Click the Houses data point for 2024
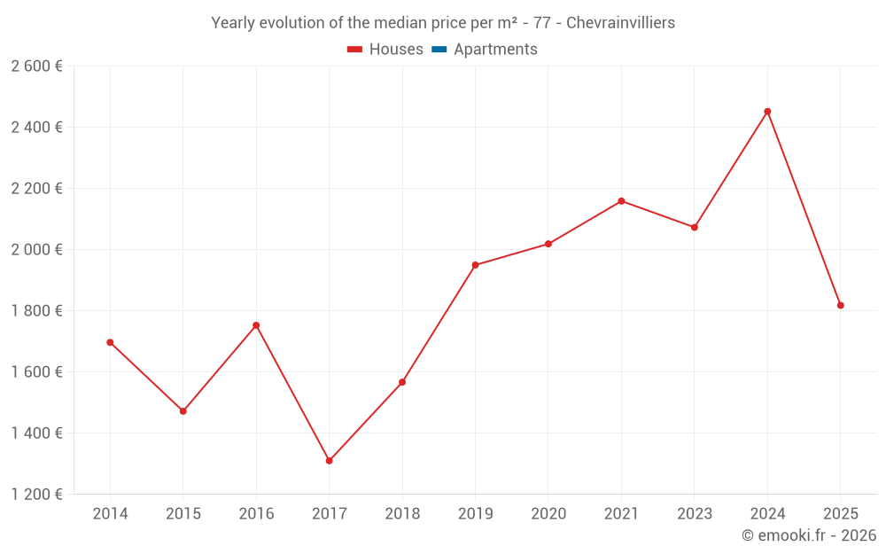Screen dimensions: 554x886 click(767, 112)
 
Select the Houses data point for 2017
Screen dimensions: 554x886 click(329, 461)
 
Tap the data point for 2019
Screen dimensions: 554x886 click(475, 265)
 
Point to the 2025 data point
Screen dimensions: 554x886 click(840, 306)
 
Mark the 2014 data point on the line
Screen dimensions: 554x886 click(110, 342)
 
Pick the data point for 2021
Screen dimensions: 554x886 click(621, 201)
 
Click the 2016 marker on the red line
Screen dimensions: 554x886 click(256, 325)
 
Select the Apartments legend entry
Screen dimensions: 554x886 click(495, 50)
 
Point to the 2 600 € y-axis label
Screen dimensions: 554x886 click(36, 66)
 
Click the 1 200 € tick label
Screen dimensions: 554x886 click(36, 495)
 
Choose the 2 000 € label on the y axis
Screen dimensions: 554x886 click(36, 250)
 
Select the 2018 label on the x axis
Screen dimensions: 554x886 click(402, 514)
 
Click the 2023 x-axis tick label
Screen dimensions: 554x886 click(694, 514)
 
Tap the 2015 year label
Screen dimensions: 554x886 click(183, 514)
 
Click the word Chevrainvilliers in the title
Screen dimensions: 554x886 click(620, 23)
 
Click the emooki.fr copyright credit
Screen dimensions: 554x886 click(809, 535)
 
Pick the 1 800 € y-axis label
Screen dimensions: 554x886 click(36, 311)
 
